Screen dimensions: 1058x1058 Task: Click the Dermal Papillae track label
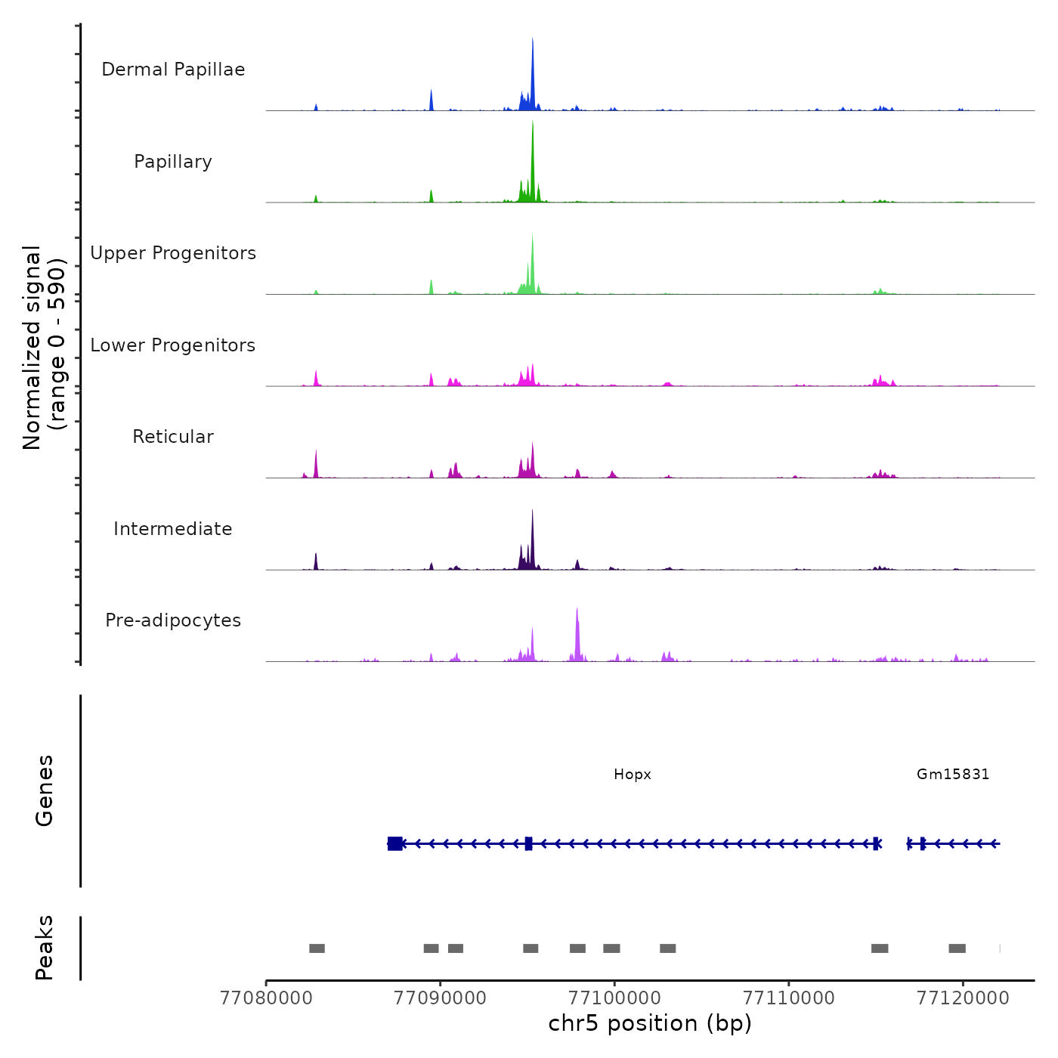pyautogui.click(x=173, y=70)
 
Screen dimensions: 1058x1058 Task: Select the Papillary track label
pyautogui.click(x=173, y=162)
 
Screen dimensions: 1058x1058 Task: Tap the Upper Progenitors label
pyautogui.click(x=173, y=253)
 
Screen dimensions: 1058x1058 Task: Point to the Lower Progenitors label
pyautogui.click(x=173, y=345)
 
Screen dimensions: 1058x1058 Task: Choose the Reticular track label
pyautogui.click(x=173, y=437)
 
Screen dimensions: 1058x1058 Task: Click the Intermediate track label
pyautogui.click(x=173, y=529)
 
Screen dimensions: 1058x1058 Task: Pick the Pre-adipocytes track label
pyautogui.click(x=173, y=620)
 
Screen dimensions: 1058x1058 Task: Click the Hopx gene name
pyautogui.click(x=633, y=775)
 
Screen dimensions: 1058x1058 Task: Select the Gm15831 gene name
pyautogui.click(x=953, y=775)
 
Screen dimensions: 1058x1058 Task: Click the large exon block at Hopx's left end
pyautogui.click(x=395, y=843)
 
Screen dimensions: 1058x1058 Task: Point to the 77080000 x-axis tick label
pyautogui.click(x=266, y=998)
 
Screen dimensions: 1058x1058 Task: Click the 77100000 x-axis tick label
pyautogui.click(x=614, y=998)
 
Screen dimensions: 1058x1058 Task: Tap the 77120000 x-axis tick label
pyautogui.click(x=963, y=998)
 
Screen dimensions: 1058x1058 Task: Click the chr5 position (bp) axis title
pyautogui.click(x=650, y=1024)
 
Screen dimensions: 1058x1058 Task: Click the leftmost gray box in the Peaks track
pyautogui.click(x=317, y=948)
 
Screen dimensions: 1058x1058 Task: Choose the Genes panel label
pyautogui.click(x=45, y=790)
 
